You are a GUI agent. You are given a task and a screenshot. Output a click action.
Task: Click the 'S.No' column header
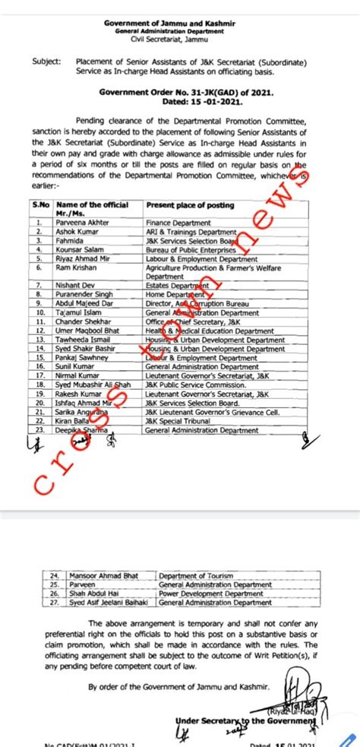coord(40,205)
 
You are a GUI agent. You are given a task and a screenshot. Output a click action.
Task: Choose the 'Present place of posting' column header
coord(179,205)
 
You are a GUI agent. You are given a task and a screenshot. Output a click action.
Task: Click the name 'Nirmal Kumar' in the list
coord(80,375)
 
